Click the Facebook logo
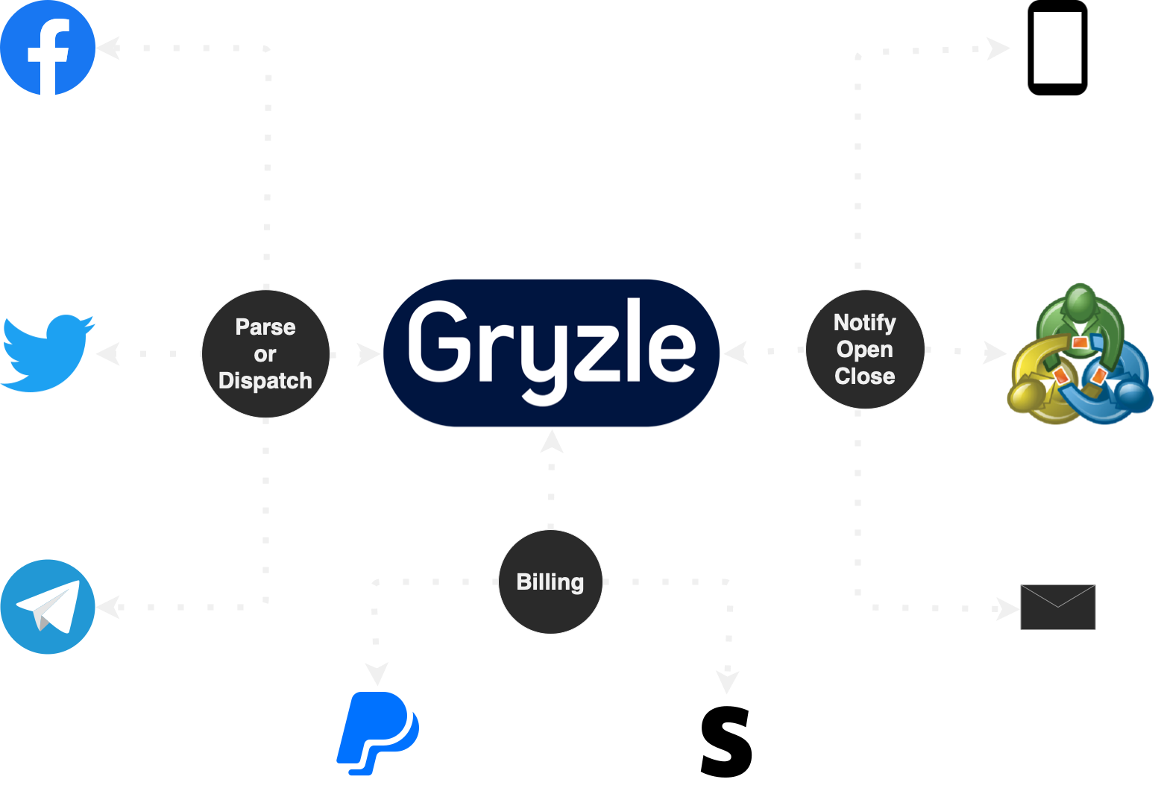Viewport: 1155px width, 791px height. click(48, 48)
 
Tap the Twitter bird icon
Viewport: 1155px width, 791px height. click(48, 353)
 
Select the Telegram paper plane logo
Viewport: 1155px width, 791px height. click(48, 607)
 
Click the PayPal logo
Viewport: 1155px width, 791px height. click(378, 734)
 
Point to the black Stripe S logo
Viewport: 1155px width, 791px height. click(726, 742)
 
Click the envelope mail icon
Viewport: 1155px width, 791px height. click(1057, 607)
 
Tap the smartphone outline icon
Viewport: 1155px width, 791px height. click(1057, 48)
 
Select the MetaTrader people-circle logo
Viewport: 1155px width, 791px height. click(1080, 353)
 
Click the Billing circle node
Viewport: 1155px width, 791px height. click(551, 582)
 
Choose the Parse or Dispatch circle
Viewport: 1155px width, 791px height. click(265, 353)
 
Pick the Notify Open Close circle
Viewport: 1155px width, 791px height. click(865, 349)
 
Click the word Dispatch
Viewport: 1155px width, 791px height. click(265, 381)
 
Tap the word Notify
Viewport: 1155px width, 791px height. click(865, 324)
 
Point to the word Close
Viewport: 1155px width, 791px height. click(865, 376)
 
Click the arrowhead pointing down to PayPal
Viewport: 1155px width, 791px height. click(377, 674)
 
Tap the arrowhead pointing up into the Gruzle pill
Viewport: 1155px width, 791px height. click(552, 441)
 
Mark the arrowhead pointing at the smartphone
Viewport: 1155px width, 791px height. click(998, 48)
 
